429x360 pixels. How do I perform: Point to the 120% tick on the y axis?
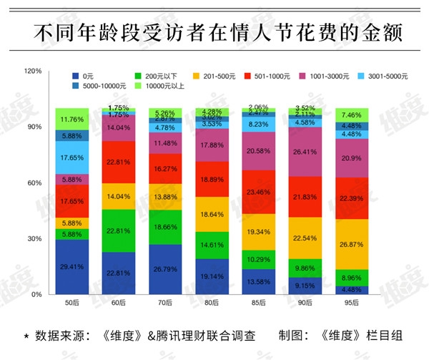[34, 72]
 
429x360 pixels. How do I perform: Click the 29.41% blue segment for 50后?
[71, 266]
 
